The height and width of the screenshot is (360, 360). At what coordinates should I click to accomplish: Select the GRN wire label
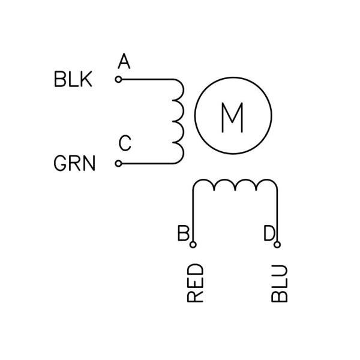[x=75, y=163]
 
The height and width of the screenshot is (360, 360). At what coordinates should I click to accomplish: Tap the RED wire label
[x=196, y=283]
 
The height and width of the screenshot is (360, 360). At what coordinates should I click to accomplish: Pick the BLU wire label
[x=280, y=283]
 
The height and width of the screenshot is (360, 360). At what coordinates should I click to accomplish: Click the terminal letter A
[x=124, y=61]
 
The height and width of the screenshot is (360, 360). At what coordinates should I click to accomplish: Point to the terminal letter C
[x=124, y=144]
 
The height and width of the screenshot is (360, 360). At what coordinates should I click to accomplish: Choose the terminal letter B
[x=184, y=233]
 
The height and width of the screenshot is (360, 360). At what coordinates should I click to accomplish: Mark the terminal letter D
[x=269, y=233]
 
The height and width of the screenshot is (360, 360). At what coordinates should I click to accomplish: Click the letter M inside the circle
[x=232, y=118]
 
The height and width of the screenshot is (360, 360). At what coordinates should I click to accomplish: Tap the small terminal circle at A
[x=118, y=79]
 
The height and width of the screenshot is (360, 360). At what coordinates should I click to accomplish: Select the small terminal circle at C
[x=118, y=163]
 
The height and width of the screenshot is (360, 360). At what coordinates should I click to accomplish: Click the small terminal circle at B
[x=193, y=244]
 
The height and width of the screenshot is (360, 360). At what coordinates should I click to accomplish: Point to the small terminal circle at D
[x=277, y=244]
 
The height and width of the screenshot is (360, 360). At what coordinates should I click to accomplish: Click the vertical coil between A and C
[x=178, y=121]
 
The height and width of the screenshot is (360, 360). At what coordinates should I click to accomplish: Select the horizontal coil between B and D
[x=235, y=186]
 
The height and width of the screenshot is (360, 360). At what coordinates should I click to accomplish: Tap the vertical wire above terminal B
[x=193, y=216]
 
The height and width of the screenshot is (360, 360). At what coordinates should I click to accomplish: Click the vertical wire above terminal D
[x=277, y=216]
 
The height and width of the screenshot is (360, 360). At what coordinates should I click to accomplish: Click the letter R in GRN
[x=75, y=163]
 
